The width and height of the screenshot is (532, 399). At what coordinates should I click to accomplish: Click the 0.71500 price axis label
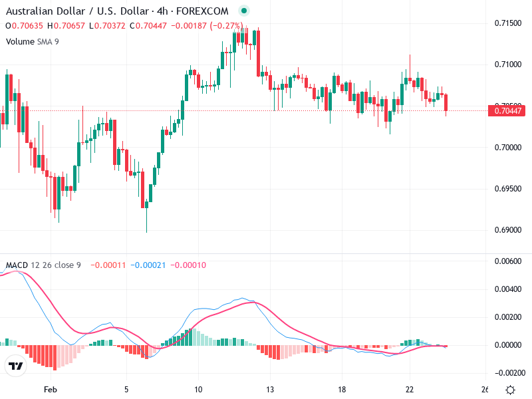(x=508, y=23)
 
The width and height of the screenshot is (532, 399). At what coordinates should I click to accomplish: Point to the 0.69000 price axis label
(x=508, y=230)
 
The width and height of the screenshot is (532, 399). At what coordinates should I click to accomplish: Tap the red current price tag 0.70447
(x=507, y=111)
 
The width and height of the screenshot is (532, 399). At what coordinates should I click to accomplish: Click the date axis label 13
(x=269, y=390)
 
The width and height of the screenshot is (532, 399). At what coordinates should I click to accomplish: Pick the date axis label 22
(x=410, y=390)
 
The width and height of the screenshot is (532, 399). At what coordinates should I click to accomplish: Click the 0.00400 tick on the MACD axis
(x=508, y=289)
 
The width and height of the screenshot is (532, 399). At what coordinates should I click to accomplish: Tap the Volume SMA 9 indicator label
(x=33, y=41)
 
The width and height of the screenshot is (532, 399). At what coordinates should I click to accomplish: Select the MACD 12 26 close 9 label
(x=43, y=265)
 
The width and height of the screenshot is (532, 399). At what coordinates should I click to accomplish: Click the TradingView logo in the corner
(x=16, y=366)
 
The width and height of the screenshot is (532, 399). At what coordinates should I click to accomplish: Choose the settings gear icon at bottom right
(x=510, y=390)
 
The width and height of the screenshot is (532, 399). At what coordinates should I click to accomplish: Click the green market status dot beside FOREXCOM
(x=243, y=11)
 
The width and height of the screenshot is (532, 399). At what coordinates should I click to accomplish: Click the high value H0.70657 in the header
(x=66, y=26)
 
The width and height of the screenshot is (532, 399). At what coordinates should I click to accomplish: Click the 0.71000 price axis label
(x=508, y=65)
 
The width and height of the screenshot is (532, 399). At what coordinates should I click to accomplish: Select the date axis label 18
(x=341, y=390)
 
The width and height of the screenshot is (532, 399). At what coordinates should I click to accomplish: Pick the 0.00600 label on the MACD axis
(x=508, y=261)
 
